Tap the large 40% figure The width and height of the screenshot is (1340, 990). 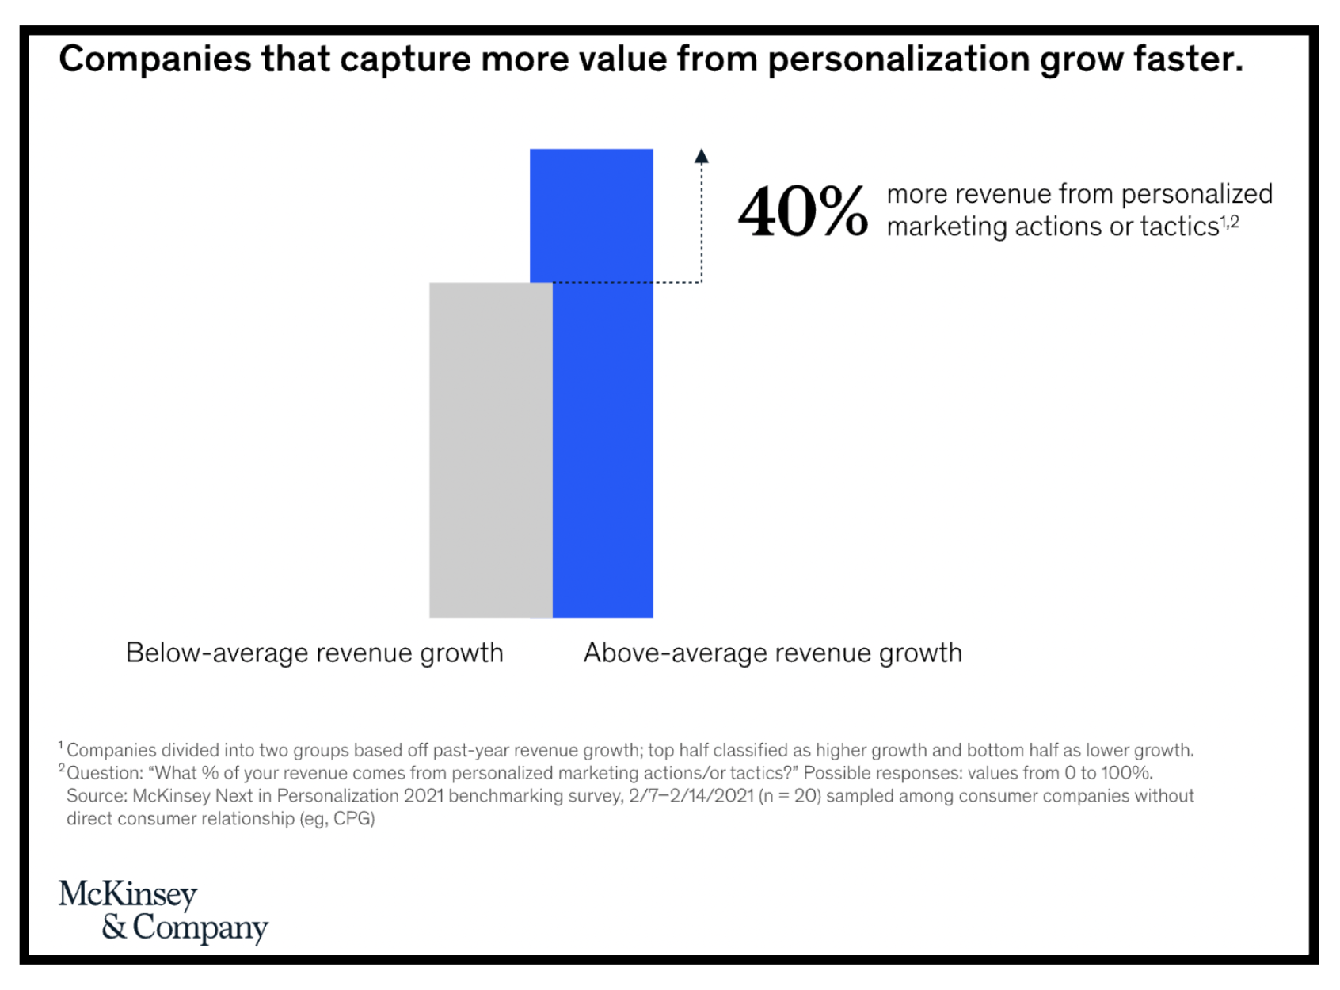(x=801, y=211)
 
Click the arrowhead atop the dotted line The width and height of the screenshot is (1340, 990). (x=701, y=157)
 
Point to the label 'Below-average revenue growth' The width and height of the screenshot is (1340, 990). (x=314, y=653)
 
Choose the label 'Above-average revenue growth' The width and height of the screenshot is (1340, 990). (x=772, y=653)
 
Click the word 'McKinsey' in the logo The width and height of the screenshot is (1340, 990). (x=128, y=894)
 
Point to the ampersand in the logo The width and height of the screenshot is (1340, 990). (x=114, y=927)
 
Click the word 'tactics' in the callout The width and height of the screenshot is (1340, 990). (x=1179, y=227)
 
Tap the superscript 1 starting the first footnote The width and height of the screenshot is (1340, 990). (x=61, y=745)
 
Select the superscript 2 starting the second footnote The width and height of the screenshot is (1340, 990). (x=62, y=768)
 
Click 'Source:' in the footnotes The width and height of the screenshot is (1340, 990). (x=97, y=796)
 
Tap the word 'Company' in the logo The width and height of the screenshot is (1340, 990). (x=200, y=927)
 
